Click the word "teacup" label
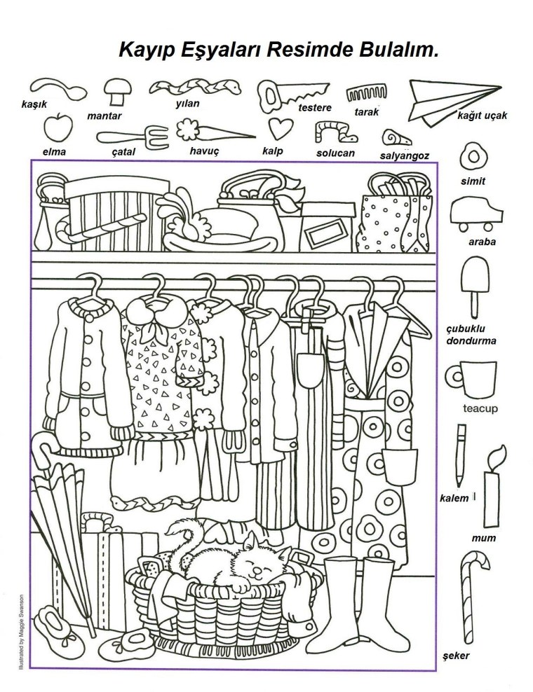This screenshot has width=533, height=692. coord(480,408)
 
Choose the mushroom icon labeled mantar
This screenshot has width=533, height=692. coord(118,91)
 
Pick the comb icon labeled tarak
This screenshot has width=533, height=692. coord(366,92)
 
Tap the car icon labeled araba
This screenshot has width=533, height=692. coord(476,214)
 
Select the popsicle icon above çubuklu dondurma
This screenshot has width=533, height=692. coord(475,285)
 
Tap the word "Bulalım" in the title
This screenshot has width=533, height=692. coord(398,50)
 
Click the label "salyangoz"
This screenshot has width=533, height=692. coord(405,155)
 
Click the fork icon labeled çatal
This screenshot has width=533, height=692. coord(133,135)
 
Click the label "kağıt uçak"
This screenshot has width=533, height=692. coord(483,116)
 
